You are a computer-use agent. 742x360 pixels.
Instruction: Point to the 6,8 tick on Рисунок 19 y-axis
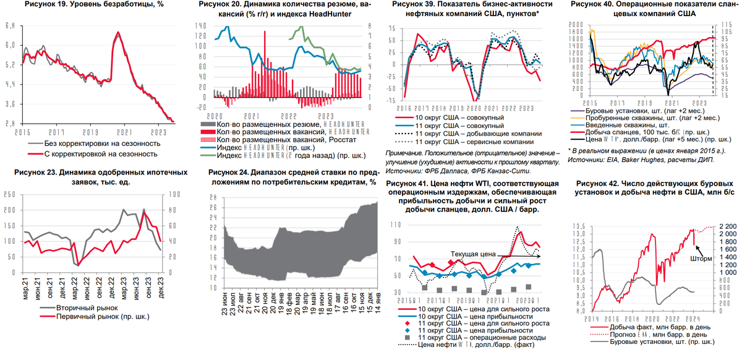click(11, 26)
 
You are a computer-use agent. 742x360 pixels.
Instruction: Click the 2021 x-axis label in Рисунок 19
click(126, 132)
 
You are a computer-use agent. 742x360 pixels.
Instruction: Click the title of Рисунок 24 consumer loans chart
click(292, 178)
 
